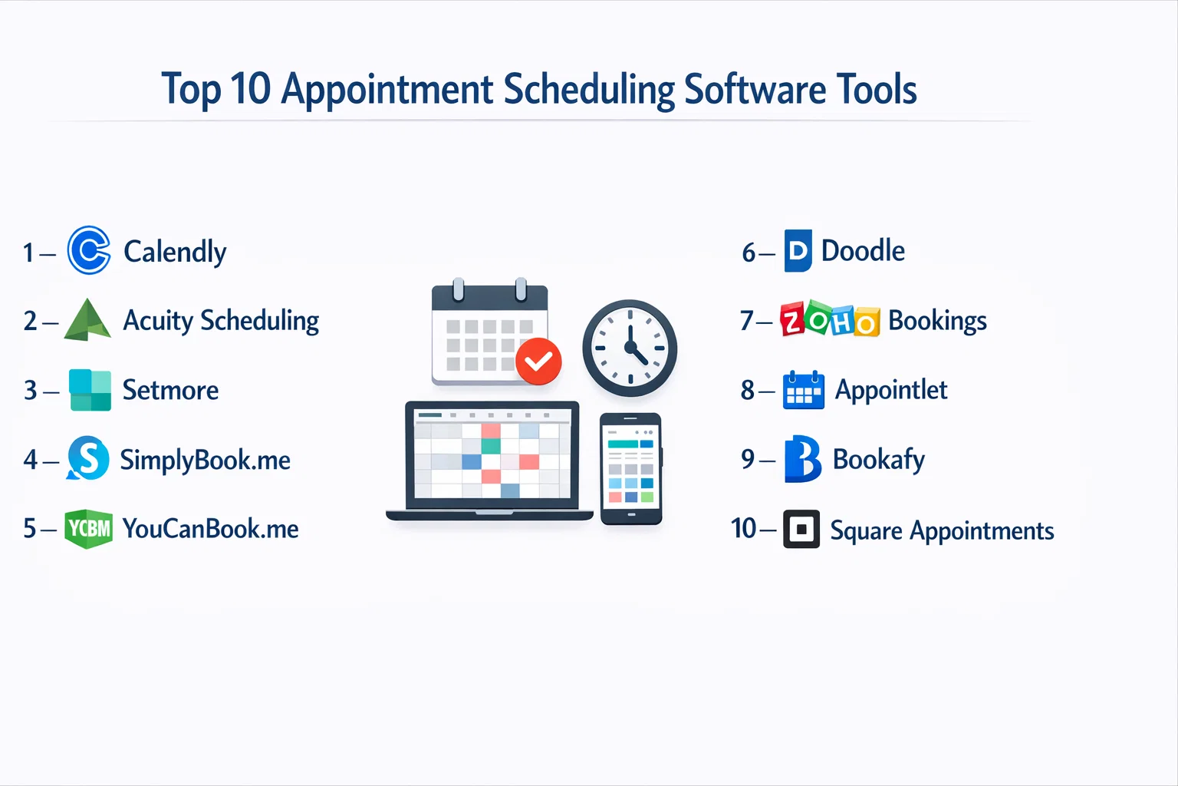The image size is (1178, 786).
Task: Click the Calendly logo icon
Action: click(x=89, y=250)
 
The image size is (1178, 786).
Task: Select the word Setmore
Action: click(x=170, y=390)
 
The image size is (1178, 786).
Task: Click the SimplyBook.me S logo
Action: click(x=88, y=458)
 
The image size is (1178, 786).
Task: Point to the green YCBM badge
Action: click(x=88, y=529)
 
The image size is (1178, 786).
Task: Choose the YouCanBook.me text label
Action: click(x=210, y=528)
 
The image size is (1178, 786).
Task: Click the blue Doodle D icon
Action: click(x=798, y=250)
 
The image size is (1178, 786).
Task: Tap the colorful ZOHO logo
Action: click(x=830, y=319)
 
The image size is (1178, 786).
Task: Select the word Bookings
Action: click(x=937, y=321)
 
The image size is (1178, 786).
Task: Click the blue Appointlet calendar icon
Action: click(x=804, y=390)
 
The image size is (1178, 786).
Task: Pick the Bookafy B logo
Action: click(x=802, y=459)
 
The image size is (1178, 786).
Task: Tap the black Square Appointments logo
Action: click(x=801, y=529)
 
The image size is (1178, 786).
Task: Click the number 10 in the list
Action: click(x=744, y=528)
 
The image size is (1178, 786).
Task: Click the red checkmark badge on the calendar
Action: click(x=538, y=362)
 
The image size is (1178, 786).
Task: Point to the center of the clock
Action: click(x=630, y=348)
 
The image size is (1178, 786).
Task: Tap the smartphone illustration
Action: click(x=631, y=469)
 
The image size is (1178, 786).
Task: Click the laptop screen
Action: click(x=492, y=454)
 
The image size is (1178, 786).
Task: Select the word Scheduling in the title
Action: click(x=589, y=90)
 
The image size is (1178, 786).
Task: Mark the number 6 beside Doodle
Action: click(x=749, y=253)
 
